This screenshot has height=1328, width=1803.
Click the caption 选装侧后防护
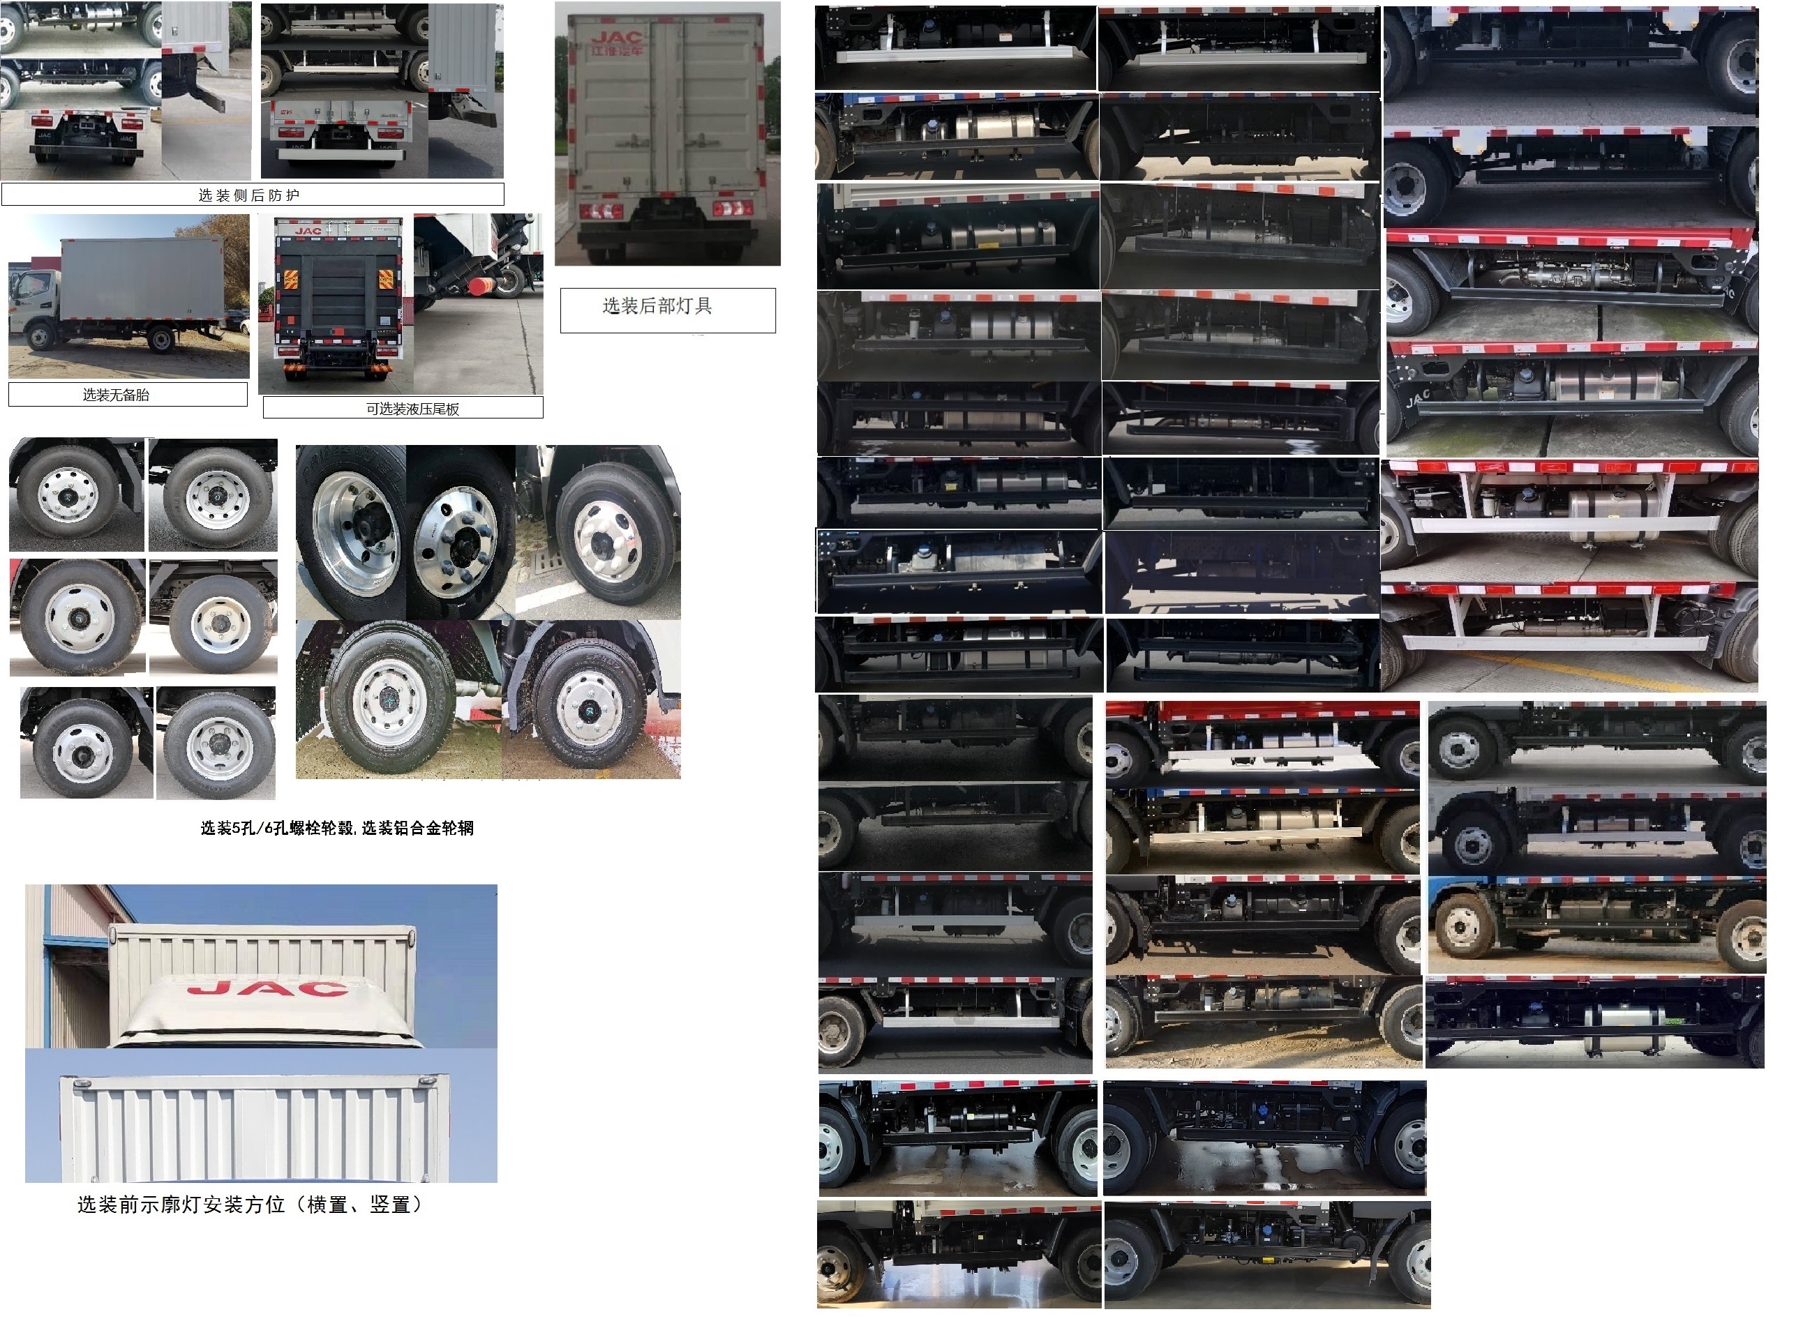point(248,195)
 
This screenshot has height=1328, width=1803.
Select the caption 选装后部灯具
point(657,305)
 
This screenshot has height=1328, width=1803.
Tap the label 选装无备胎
point(116,395)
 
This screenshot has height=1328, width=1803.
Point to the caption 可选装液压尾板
point(412,408)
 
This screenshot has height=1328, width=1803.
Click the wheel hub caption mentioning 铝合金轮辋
point(337,828)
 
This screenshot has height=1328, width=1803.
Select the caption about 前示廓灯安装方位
point(249,1205)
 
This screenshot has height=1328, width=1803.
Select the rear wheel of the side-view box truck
point(161,340)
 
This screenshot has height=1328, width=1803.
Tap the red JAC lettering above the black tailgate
point(308,231)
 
